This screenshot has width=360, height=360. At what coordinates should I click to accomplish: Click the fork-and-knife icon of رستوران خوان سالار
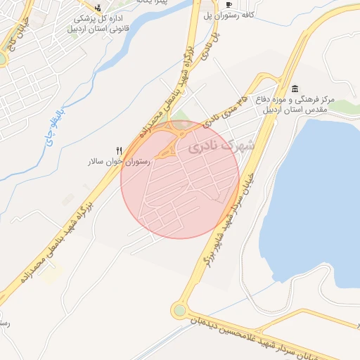tap(119, 150)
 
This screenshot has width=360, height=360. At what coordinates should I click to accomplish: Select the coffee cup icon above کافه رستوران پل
tap(229, 4)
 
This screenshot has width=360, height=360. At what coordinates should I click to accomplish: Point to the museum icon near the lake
tap(294, 88)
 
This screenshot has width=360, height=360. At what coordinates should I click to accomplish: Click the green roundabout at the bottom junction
tap(181, 309)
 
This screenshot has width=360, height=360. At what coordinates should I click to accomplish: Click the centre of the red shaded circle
tap(180, 179)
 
